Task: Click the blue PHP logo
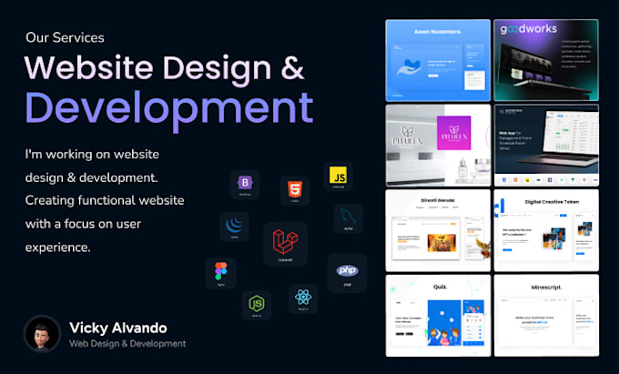click(x=347, y=271)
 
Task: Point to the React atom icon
click(x=302, y=298)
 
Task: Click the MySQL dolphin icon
click(x=348, y=219)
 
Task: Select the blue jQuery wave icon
click(x=234, y=227)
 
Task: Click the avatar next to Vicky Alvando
click(x=42, y=334)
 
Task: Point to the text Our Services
click(x=65, y=38)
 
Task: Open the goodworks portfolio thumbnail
click(x=545, y=60)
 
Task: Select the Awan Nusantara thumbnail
click(x=437, y=60)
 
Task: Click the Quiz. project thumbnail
click(x=437, y=314)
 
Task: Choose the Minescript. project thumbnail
click(x=545, y=314)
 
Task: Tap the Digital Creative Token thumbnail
click(x=545, y=229)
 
